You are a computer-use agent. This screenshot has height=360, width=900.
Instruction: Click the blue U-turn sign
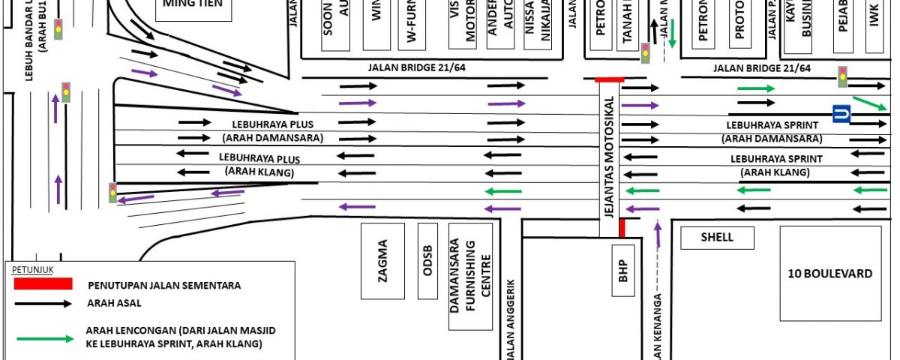pyautogui.click(x=841, y=114)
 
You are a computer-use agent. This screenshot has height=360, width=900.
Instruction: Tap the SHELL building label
pyautogui.click(x=717, y=238)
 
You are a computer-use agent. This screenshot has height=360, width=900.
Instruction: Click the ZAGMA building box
pyautogui.click(x=382, y=259)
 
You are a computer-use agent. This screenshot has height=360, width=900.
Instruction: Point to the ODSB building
pyautogui.click(x=427, y=261)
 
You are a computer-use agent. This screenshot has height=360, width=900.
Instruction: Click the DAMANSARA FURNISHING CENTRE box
pyautogui.click(x=470, y=276)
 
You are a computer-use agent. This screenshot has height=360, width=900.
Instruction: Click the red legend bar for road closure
pyautogui.click(x=43, y=283)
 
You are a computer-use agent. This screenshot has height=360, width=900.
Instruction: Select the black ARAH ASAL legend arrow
pyautogui.click(x=43, y=304)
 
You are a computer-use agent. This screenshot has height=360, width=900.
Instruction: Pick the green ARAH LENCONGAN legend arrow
pyautogui.click(x=43, y=338)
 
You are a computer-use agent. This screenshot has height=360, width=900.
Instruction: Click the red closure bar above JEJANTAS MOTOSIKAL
pyautogui.click(x=609, y=79)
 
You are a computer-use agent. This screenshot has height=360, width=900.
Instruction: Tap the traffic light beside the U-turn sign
pyautogui.click(x=842, y=76)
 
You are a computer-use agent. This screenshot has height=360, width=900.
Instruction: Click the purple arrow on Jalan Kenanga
pyautogui.click(x=658, y=235)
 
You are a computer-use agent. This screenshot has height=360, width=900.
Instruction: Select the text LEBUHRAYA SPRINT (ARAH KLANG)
pyautogui.click(x=776, y=166)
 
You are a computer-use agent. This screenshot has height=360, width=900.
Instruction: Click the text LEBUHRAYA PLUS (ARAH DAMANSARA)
pyautogui.click(x=272, y=130)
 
